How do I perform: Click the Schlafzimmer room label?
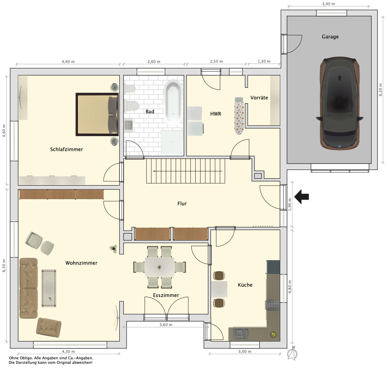[66, 149]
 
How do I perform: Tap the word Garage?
[330, 37]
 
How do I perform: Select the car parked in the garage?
[340, 103]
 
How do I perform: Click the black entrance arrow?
[301, 197]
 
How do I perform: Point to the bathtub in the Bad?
[173, 103]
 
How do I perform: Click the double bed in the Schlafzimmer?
[97, 114]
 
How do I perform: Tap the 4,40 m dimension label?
[68, 62]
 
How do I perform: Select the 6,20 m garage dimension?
[380, 90]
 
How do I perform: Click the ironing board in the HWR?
[239, 116]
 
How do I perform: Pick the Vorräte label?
[259, 97]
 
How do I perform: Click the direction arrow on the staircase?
[188, 171]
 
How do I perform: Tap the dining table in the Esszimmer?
[159, 267]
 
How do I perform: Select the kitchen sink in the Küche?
[240, 333]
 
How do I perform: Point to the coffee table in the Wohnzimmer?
[49, 288]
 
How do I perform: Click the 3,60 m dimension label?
[166, 325]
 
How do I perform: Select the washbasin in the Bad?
[129, 125]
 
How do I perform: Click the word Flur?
[182, 204]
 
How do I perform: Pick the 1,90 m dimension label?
[290, 205]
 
